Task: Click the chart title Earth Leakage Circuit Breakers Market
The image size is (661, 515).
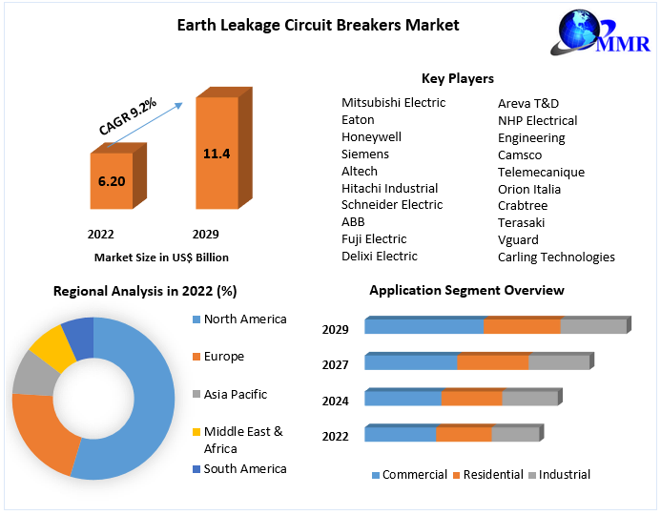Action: pyautogui.click(x=319, y=25)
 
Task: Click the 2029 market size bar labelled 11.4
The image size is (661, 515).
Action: pyautogui.click(x=217, y=153)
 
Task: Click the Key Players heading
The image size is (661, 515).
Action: pyautogui.click(x=458, y=78)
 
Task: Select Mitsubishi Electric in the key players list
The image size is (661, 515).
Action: pyautogui.click(x=393, y=103)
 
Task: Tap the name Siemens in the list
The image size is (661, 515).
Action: pyautogui.click(x=365, y=154)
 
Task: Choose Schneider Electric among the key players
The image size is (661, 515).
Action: pyautogui.click(x=392, y=205)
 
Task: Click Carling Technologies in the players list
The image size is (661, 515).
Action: pyautogui.click(x=556, y=257)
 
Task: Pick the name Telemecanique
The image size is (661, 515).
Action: pyautogui.click(x=541, y=173)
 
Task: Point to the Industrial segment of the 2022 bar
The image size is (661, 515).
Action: pyautogui.click(x=515, y=435)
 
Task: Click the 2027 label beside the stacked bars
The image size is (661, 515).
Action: pyautogui.click(x=336, y=365)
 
